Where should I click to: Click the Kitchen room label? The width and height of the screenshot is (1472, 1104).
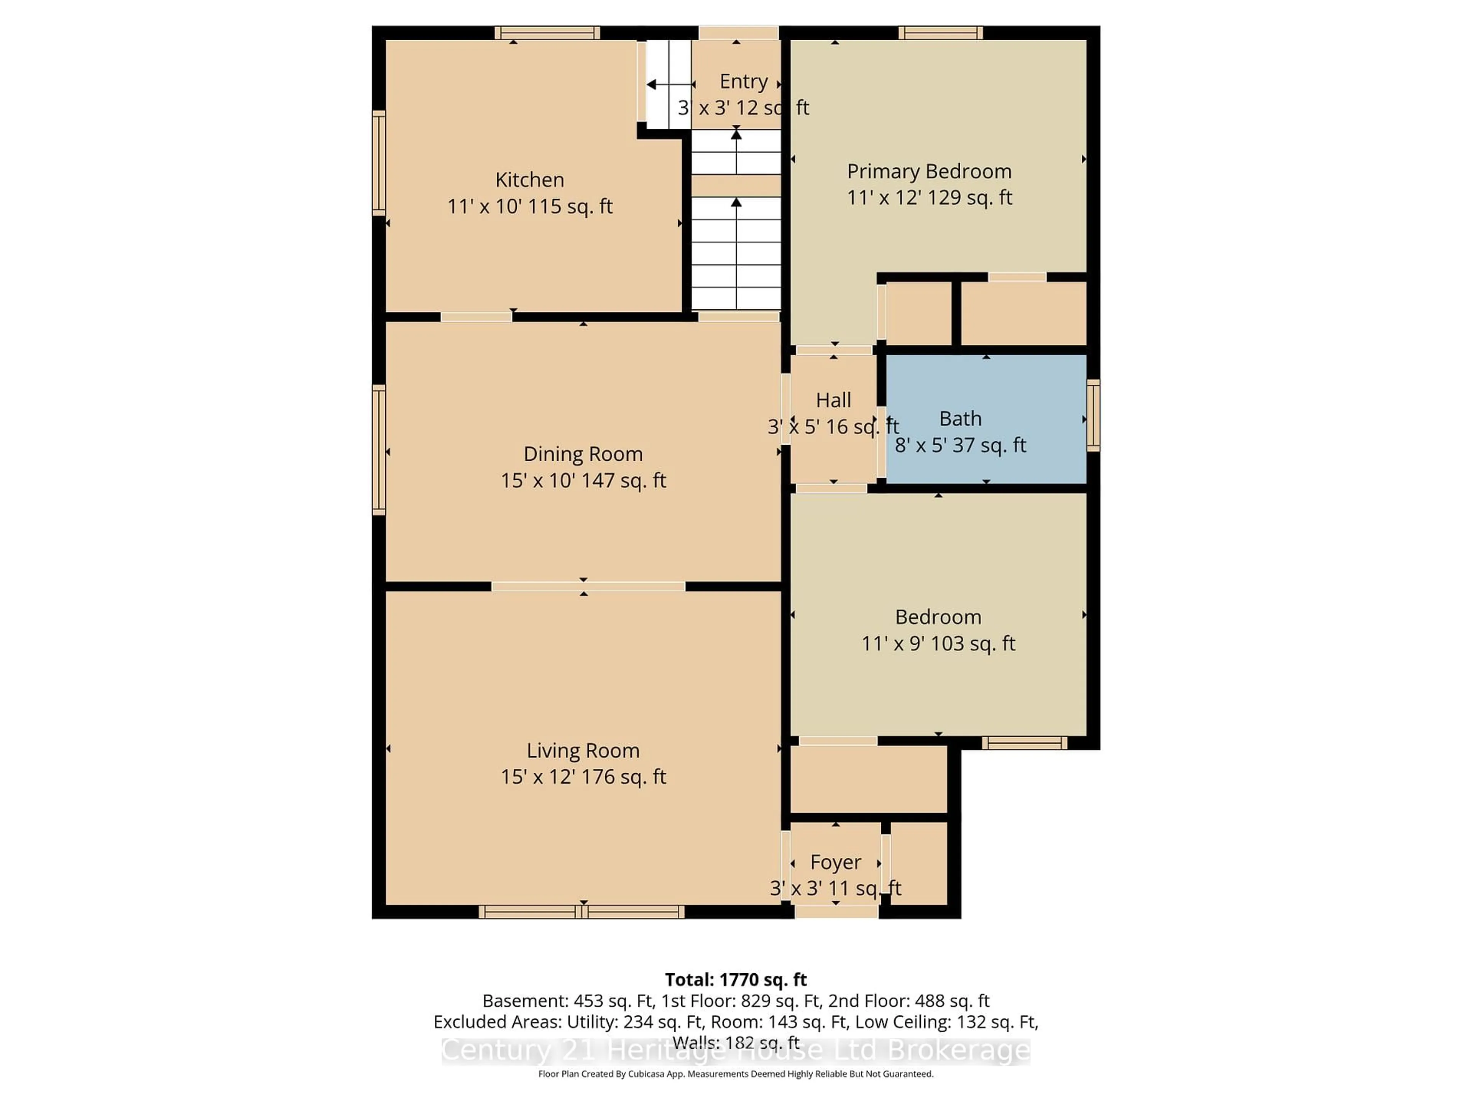(x=530, y=180)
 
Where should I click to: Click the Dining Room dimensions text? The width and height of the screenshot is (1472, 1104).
(x=583, y=480)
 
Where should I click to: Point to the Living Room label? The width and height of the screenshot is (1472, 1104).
(x=583, y=751)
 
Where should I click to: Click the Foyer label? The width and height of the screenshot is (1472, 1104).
(x=835, y=863)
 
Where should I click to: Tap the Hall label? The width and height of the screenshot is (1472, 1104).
(x=833, y=400)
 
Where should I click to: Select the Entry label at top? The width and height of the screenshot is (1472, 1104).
(x=743, y=81)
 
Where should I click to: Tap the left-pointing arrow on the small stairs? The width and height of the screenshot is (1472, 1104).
(x=652, y=84)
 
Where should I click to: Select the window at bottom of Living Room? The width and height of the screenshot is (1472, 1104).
(x=582, y=912)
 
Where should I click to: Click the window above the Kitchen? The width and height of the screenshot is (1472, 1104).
(x=547, y=33)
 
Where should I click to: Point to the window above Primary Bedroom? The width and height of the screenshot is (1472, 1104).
(x=940, y=33)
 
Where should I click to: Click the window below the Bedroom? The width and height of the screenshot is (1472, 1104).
(x=1024, y=743)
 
